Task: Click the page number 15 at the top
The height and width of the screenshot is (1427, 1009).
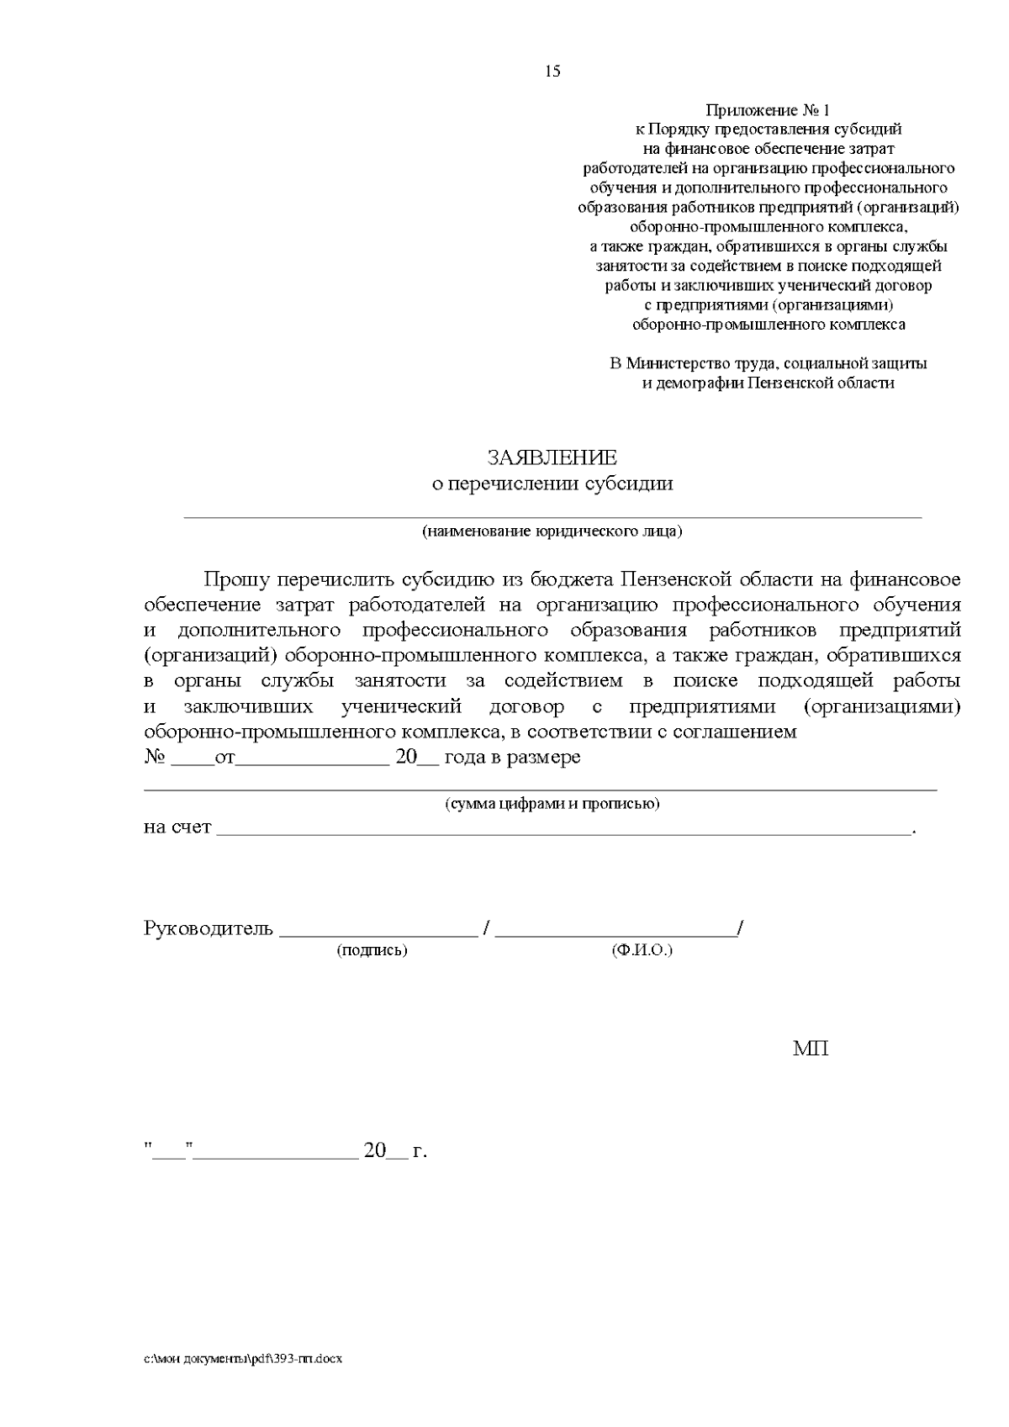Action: coord(552,71)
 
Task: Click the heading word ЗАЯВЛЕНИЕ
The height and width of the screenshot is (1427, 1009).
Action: coord(552,457)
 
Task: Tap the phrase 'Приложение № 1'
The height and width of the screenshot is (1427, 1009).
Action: coord(767,110)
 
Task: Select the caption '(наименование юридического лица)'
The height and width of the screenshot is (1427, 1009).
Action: coord(552,531)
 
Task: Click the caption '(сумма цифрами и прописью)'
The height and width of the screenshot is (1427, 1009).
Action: coord(552,803)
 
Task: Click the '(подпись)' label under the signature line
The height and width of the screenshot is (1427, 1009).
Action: coord(372,950)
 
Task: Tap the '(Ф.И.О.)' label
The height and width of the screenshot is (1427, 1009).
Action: coord(642,950)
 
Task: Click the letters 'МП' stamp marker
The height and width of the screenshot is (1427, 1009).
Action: coord(811,1049)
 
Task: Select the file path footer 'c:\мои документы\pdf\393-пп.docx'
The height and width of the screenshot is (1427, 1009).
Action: coord(244,1359)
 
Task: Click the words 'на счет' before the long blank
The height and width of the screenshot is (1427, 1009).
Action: coord(177,827)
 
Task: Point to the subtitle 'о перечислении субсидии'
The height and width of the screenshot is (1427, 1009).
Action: coord(552,484)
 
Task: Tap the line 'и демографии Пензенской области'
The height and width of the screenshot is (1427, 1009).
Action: coord(768,383)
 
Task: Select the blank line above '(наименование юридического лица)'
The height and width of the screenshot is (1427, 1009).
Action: coord(552,516)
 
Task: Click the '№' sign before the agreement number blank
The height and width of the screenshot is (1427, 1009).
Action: coord(154,757)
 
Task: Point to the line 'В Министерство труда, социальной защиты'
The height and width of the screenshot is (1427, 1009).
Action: coord(768,364)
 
